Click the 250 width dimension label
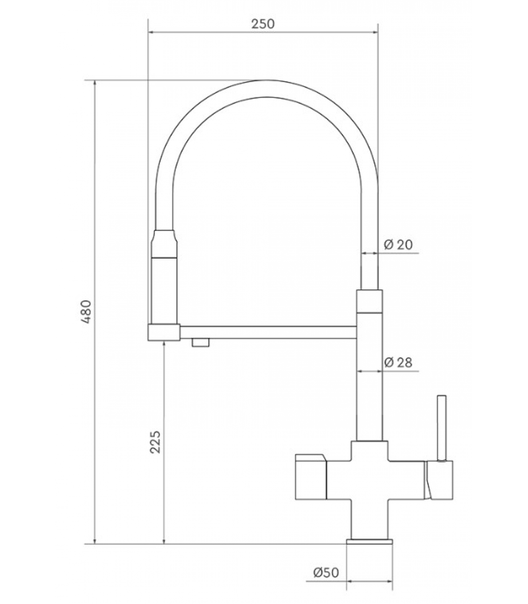(x=263, y=24)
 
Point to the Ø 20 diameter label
(x=398, y=244)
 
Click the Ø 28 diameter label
(x=398, y=362)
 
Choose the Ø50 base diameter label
(x=326, y=573)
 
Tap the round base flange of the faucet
(x=370, y=542)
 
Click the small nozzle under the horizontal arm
(x=200, y=342)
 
